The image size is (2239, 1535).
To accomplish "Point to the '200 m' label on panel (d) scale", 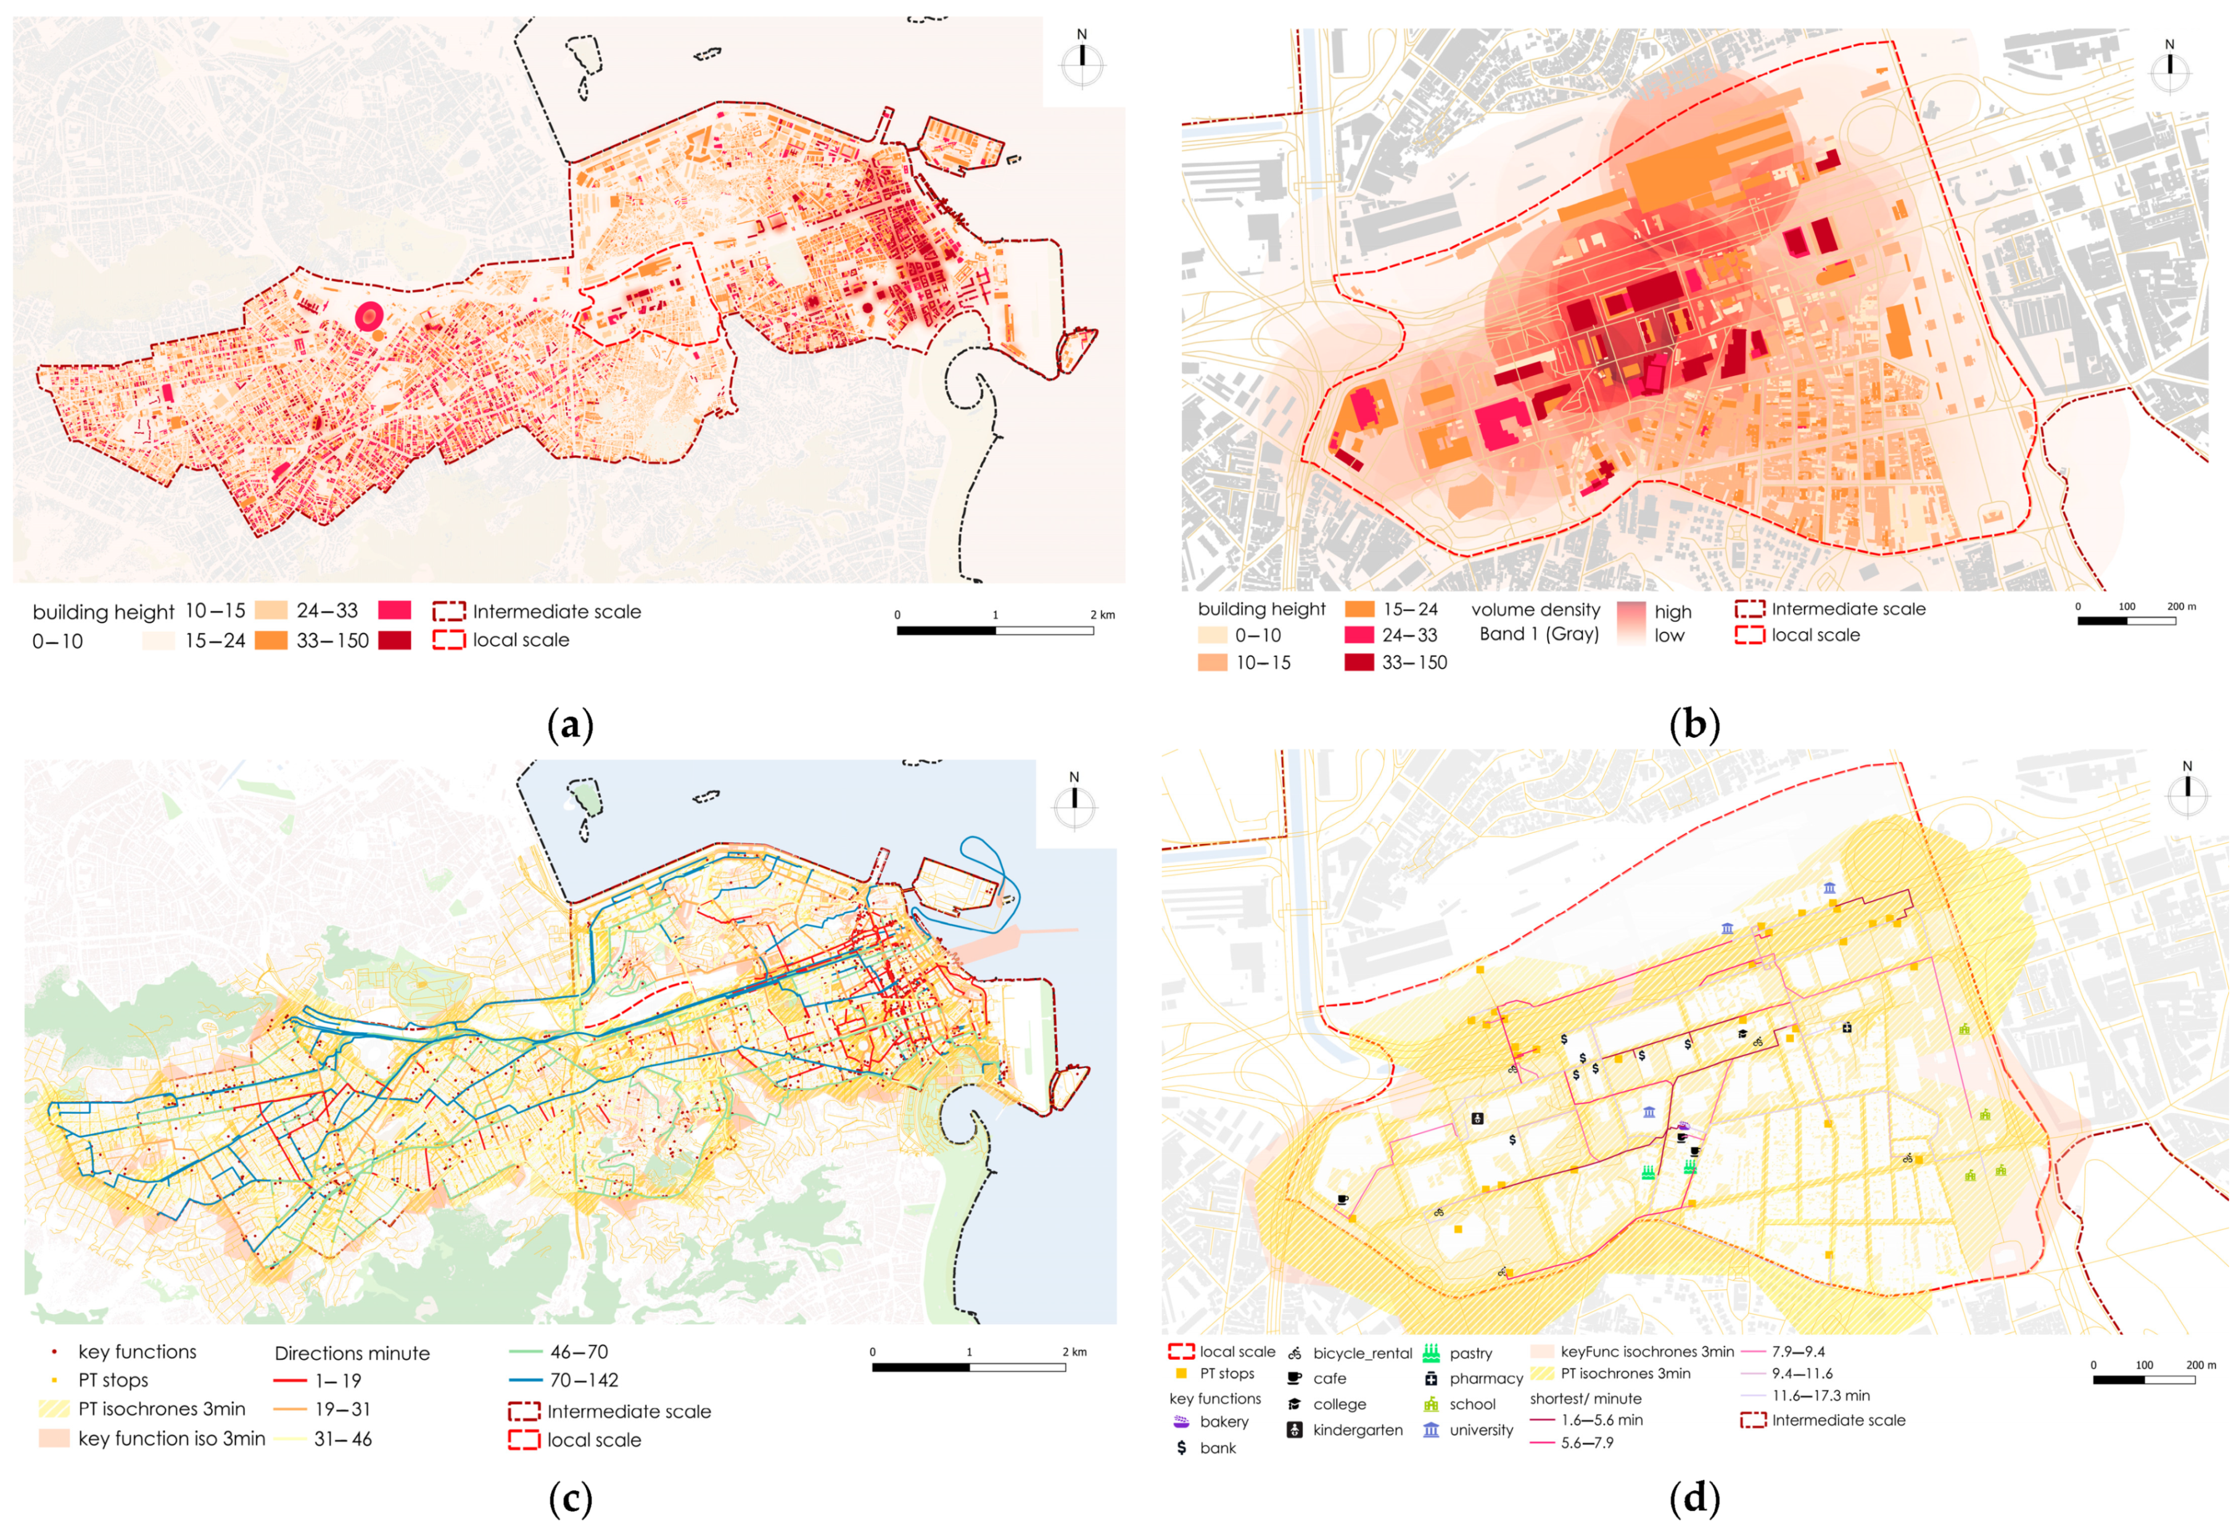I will (x=2201, y=1365).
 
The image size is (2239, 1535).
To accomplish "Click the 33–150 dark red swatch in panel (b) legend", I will (x=1358, y=662).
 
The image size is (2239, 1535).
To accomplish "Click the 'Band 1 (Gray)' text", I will (x=1538, y=633).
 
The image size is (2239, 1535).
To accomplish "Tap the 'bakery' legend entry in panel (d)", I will (x=1224, y=1421).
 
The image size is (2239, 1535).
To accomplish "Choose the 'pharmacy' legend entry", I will (x=1485, y=1378).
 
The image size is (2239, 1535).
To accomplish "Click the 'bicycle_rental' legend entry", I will (x=1361, y=1353).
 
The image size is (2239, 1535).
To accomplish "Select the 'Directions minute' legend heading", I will (x=352, y=1353).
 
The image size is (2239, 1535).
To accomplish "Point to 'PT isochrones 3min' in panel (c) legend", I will (x=161, y=1409).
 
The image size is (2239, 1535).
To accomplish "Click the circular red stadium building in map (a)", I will (x=369, y=316).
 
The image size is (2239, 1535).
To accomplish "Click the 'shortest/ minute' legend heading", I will (x=1585, y=1398).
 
